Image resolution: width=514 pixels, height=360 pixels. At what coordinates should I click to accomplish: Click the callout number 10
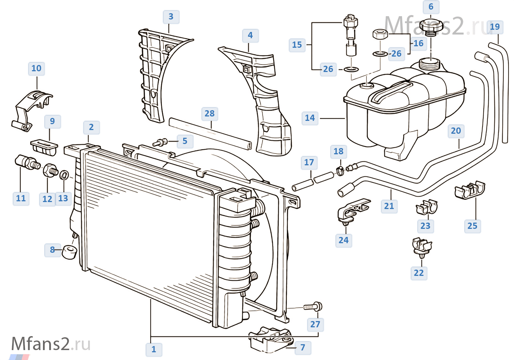tap(36, 69)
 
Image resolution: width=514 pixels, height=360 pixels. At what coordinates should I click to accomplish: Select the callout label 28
tap(210, 114)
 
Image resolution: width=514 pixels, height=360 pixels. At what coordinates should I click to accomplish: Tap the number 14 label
tap(310, 118)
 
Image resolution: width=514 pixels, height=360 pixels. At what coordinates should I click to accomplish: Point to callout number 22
tap(419, 273)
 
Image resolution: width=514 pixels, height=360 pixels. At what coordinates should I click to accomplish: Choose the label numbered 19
tap(495, 27)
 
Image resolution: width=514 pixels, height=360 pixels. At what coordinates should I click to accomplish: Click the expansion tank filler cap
tap(431, 26)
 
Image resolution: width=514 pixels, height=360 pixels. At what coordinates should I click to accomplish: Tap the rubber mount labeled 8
tap(69, 252)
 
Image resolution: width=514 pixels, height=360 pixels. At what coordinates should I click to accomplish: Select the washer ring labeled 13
tap(64, 175)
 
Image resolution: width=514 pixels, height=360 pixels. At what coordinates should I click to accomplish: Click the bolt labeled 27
tap(314, 306)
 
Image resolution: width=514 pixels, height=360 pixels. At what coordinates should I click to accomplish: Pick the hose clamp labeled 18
tap(340, 170)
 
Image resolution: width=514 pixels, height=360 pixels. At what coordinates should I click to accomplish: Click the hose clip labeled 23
tap(427, 208)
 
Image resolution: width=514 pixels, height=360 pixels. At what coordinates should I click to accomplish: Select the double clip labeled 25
tap(470, 190)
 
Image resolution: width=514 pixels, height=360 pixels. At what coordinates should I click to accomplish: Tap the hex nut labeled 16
tap(380, 35)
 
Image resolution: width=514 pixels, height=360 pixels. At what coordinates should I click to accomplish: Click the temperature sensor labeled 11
tap(27, 162)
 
